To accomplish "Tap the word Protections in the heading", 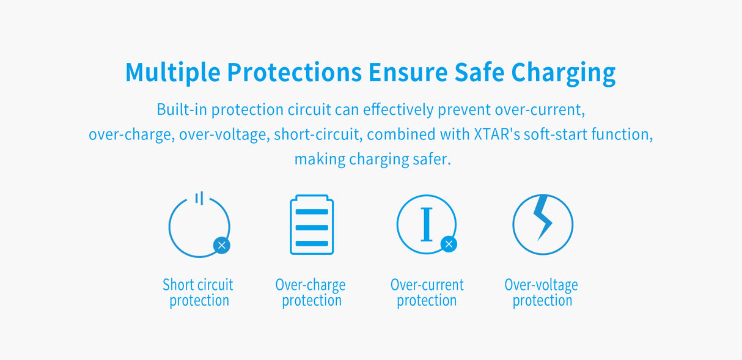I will coord(294,72).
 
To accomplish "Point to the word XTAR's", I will coord(497,134).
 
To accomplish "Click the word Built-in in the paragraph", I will coord(182,110).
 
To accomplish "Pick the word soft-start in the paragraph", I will coord(560,134).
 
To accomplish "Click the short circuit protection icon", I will coord(199,226).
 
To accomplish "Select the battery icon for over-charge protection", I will coord(312,225).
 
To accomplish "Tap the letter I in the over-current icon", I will coord(427,225).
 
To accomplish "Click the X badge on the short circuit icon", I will coord(222,245).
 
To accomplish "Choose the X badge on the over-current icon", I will coord(449,244).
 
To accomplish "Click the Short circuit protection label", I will coord(199,293).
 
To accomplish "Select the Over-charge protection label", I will coord(310,293).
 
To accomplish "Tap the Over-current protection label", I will coord(427,293).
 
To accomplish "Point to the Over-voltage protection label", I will coord(542,293).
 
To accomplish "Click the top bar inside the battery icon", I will coord(312,212).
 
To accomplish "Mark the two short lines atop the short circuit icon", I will coord(199,198).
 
